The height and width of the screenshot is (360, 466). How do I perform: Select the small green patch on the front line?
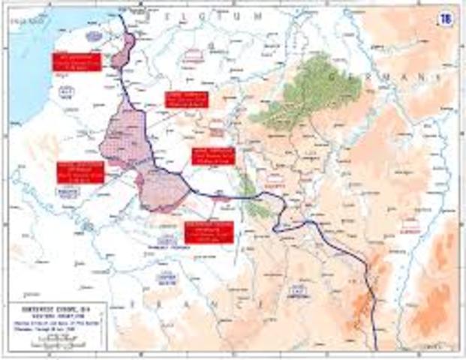255,206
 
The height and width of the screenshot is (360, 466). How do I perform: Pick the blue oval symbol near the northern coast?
93,35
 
